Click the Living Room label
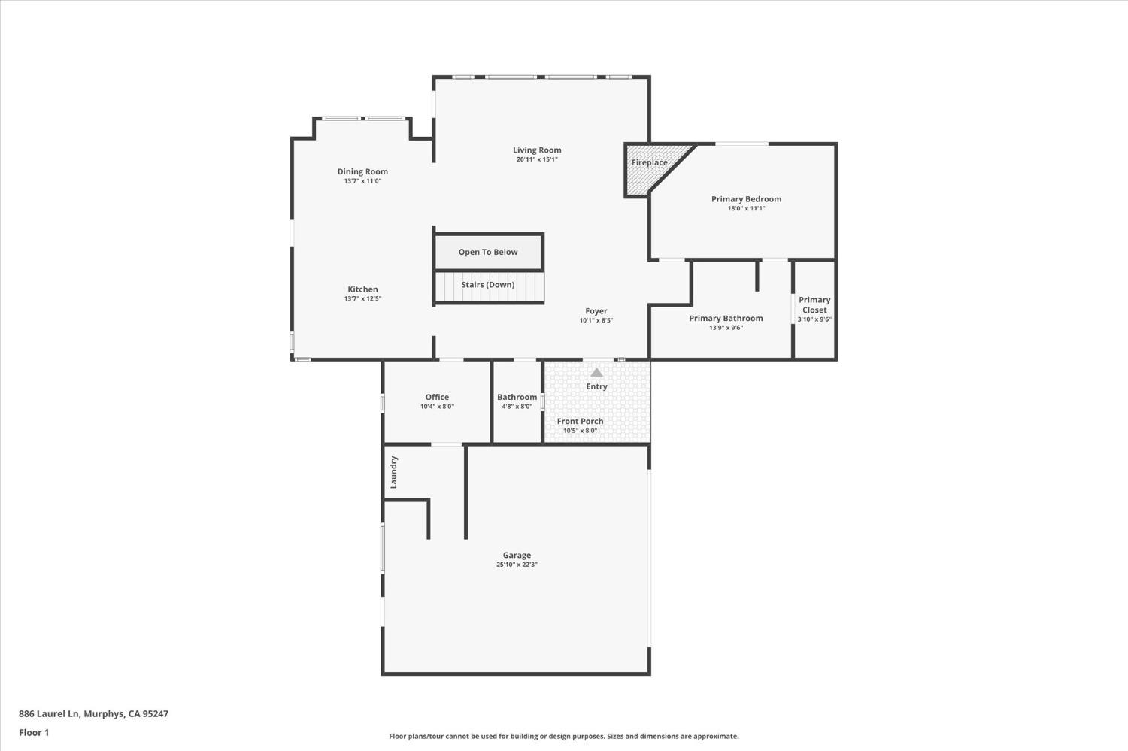pyautogui.click(x=537, y=150)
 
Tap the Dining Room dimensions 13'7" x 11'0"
pyautogui.click(x=362, y=181)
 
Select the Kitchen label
pyautogui.click(x=362, y=289)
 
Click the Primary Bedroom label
pyautogui.click(x=746, y=199)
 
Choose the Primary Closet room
pyautogui.click(x=814, y=308)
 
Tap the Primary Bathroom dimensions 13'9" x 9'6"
pyautogui.click(x=726, y=328)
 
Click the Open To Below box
pyautogui.click(x=488, y=252)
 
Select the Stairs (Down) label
pyautogui.click(x=488, y=285)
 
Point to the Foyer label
pyautogui.click(x=596, y=311)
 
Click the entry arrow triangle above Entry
pyautogui.click(x=596, y=372)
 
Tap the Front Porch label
pyautogui.click(x=580, y=421)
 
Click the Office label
pyautogui.click(x=437, y=397)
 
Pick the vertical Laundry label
pyautogui.click(x=393, y=472)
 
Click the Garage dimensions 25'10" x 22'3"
pyautogui.click(x=517, y=565)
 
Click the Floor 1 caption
pyautogui.click(x=34, y=732)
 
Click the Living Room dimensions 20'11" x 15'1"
pyautogui.click(x=537, y=159)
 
